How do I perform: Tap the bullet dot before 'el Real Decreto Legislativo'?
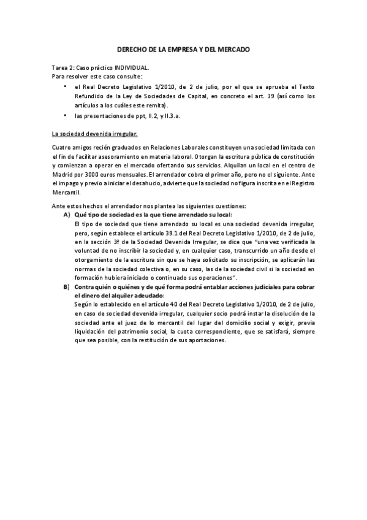(64, 88)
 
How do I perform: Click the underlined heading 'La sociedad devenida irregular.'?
(95, 133)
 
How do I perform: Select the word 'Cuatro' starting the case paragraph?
(62, 147)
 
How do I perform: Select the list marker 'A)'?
(67, 215)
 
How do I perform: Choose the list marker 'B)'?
(67, 286)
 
